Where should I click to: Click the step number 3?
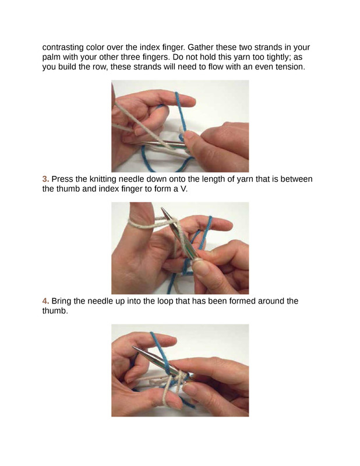point(45,179)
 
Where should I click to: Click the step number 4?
point(45,301)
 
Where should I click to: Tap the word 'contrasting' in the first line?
point(63,48)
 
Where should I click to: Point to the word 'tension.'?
point(291,66)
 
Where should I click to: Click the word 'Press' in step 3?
point(62,179)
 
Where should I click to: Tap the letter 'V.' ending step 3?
point(184,189)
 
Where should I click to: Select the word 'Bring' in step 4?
point(61,301)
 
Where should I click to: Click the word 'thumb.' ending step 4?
point(55,311)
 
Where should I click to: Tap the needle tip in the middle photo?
point(162,209)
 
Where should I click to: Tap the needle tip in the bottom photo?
point(134,347)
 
